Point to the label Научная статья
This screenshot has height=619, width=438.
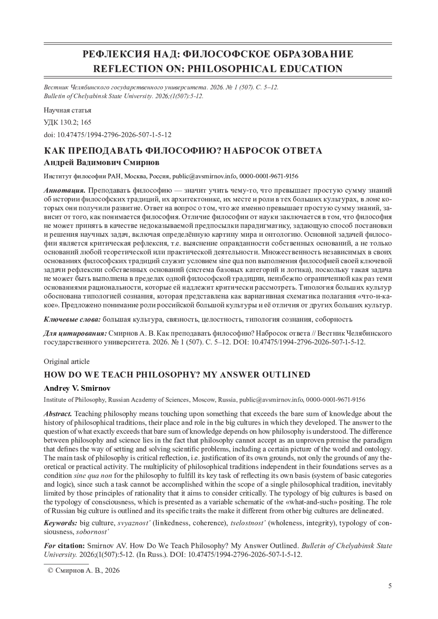point(67,110)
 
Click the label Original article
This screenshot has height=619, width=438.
point(66,361)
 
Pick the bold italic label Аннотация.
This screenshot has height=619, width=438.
point(64,190)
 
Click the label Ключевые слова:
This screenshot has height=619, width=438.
point(72,320)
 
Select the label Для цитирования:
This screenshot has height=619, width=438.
point(75,333)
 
